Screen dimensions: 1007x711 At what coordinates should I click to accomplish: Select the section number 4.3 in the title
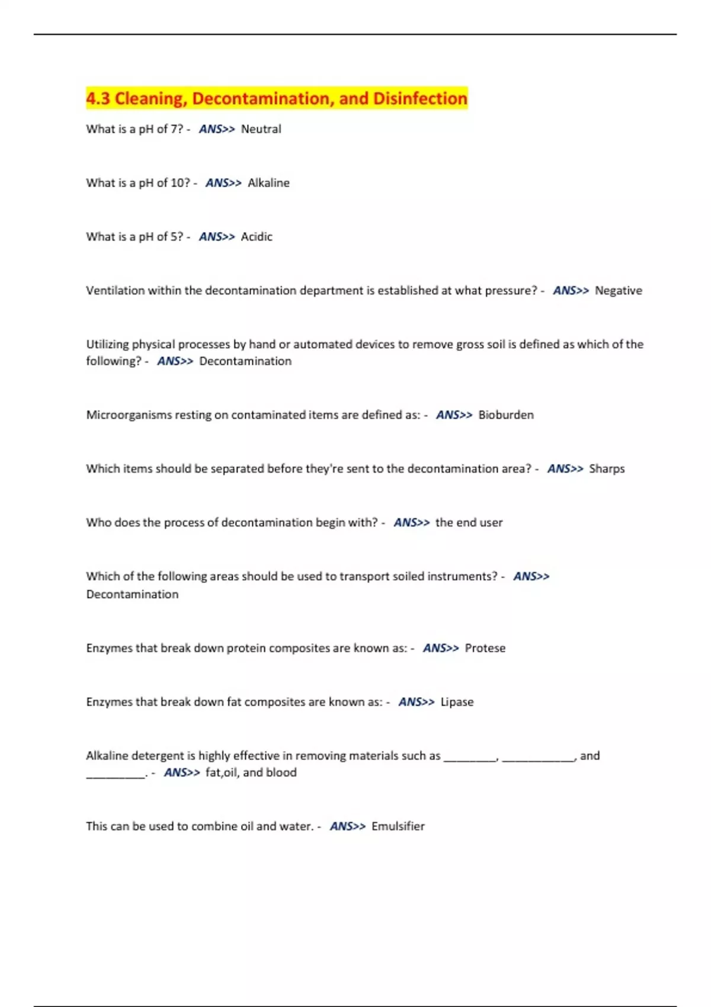pyautogui.click(x=98, y=98)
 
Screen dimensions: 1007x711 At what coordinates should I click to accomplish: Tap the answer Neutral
pyautogui.click(x=261, y=129)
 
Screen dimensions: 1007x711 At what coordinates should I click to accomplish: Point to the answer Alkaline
pyautogui.click(x=268, y=183)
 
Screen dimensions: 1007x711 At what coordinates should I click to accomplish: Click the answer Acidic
pyautogui.click(x=257, y=237)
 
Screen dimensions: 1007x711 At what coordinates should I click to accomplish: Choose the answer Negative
pyautogui.click(x=618, y=291)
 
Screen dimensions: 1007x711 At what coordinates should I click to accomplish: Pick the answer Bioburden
pyautogui.click(x=505, y=415)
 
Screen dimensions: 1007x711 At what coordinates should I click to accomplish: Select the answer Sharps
pyautogui.click(x=607, y=469)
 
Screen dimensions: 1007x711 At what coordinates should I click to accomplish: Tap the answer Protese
pyautogui.click(x=485, y=649)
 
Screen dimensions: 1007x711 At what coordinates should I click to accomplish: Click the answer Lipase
pyautogui.click(x=457, y=702)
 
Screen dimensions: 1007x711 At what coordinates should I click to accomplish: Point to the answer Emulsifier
pyautogui.click(x=398, y=826)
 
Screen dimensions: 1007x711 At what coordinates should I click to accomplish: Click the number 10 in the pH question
pyautogui.click(x=180, y=183)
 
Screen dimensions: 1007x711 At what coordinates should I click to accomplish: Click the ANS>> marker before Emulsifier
pyautogui.click(x=347, y=826)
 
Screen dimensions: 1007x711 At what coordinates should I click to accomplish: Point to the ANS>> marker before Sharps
pyautogui.click(x=565, y=469)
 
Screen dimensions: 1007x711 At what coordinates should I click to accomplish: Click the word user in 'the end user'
pyautogui.click(x=491, y=523)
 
